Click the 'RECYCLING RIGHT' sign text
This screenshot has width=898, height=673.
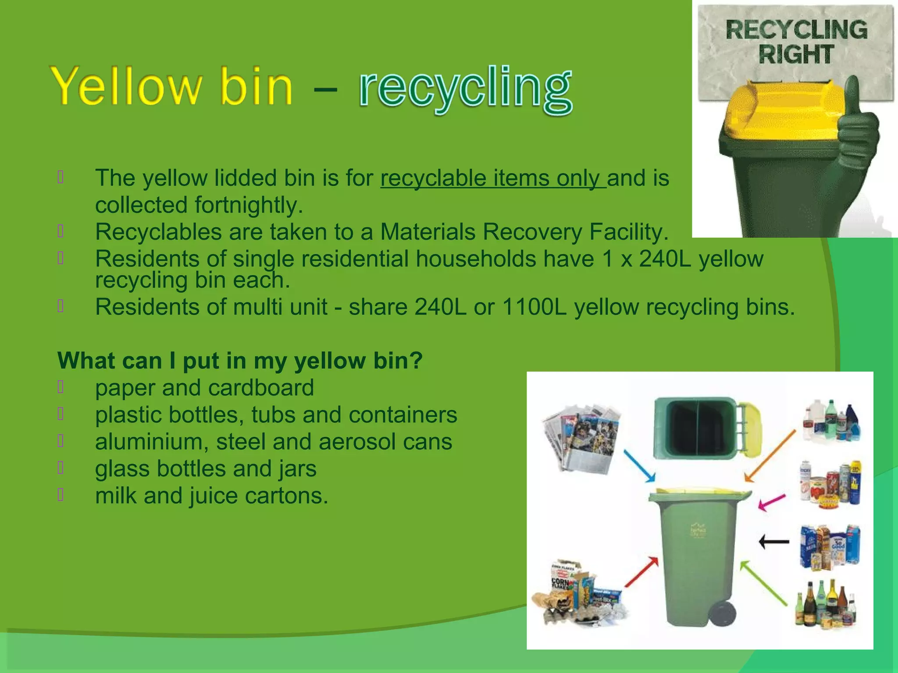[796, 42]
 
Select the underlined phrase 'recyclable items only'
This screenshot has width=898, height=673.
[492, 178]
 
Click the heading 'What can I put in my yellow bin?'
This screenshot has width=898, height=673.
[240, 361]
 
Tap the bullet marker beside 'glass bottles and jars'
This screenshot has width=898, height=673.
[61, 468]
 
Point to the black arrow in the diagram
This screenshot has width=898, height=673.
[774, 542]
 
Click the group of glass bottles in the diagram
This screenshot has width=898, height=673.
[826, 604]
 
